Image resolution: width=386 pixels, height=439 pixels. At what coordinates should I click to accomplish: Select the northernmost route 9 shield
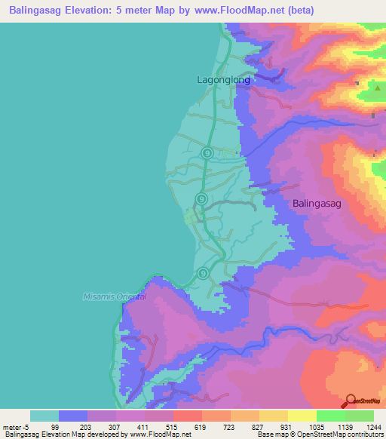pos(207,153)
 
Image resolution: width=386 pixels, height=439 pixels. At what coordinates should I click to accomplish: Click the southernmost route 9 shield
pos(203,273)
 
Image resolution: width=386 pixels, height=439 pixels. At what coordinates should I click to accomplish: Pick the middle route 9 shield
pos(201,198)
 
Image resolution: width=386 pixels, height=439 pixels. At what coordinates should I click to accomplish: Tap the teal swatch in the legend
pos(44,416)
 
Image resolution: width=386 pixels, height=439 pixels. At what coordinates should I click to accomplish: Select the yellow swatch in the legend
pos(302,416)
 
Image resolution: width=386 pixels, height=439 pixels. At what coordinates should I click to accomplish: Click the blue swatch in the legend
pos(73,416)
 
